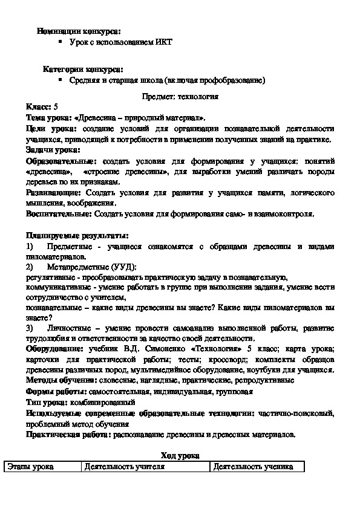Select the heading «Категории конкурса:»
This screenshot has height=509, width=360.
tap(83, 70)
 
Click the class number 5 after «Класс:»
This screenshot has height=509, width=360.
tap(56, 106)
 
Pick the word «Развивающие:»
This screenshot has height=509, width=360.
tap(54, 193)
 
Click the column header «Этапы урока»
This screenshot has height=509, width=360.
tap(30, 467)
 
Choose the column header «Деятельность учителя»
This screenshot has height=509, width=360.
tap(125, 467)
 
